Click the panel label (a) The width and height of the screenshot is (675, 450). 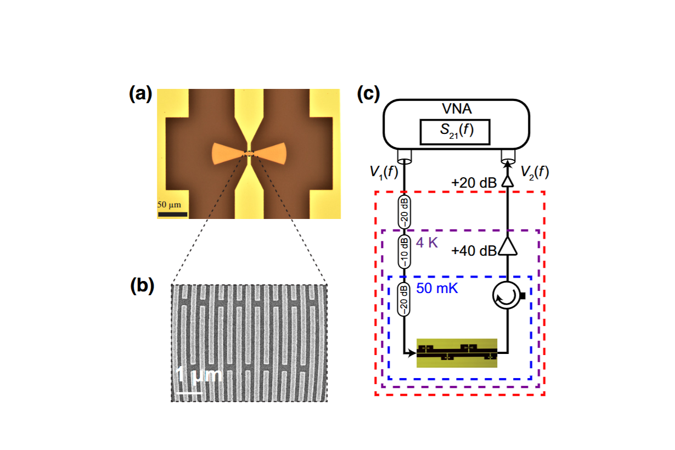click(140, 95)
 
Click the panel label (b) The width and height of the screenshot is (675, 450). click(142, 286)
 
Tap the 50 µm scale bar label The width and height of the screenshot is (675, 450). click(173, 204)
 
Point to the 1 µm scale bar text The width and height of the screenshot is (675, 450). click(199, 376)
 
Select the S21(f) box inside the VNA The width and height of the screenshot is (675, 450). click(454, 133)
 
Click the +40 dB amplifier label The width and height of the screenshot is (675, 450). click(475, 251)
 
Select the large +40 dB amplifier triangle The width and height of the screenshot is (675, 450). click(509, 248)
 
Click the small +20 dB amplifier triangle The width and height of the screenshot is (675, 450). click(508, 180)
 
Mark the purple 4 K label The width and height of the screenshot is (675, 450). click(427, 242)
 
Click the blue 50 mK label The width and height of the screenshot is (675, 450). click(437, 288)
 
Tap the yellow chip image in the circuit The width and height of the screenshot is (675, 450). click(457, 353)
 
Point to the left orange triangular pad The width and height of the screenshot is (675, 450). click(227, 154)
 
